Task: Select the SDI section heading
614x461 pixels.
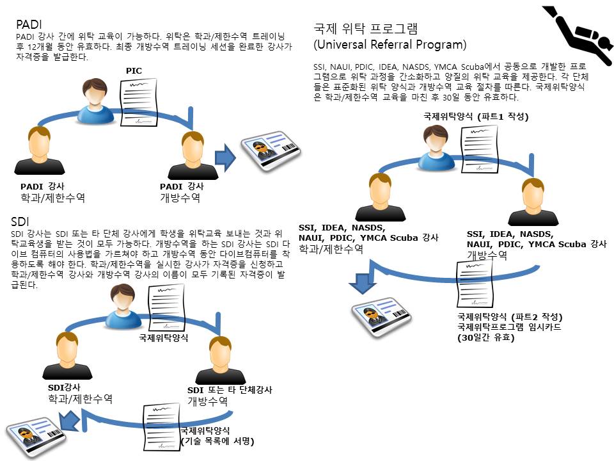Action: pos(20,222)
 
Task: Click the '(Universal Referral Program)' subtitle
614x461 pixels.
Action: pos(390,45)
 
